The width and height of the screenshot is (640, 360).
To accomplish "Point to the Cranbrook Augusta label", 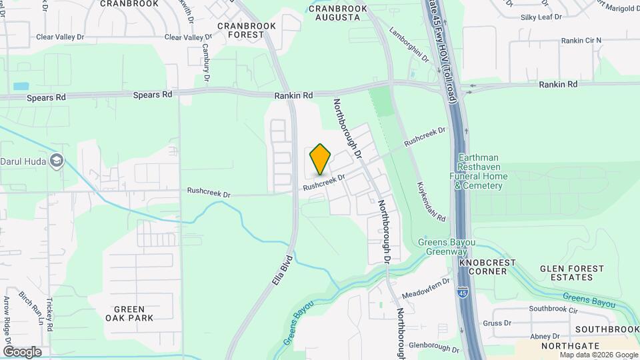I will (x=338, y=13).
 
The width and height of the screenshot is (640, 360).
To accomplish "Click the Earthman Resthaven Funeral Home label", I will (x=481, y=171).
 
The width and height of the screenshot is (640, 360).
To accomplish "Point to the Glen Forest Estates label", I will (x=572, y=273).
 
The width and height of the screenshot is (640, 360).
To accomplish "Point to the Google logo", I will (x=22, y=351).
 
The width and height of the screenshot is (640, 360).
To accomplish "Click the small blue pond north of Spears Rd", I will (x=21, y=86).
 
